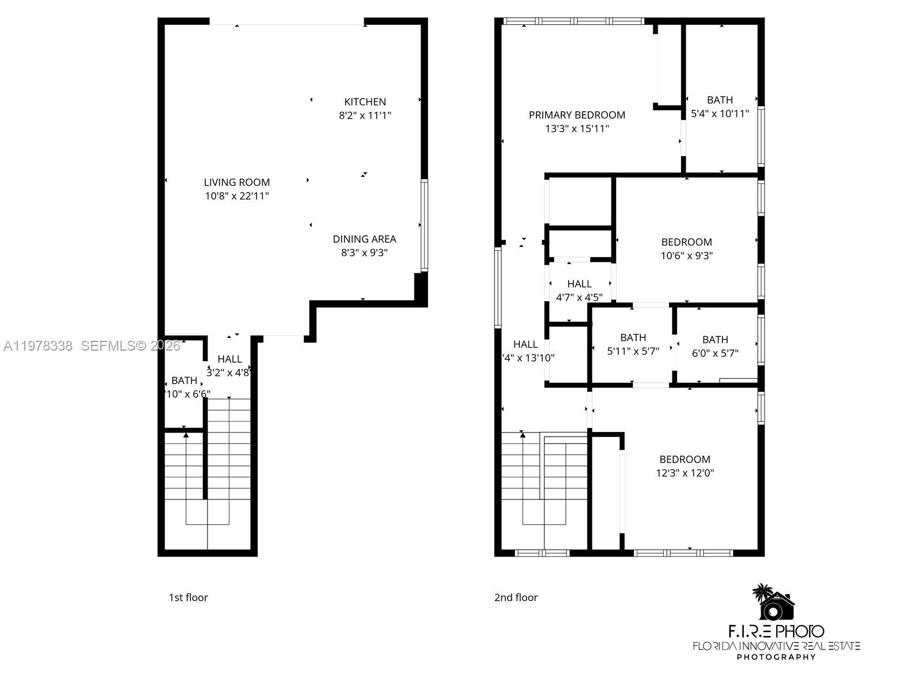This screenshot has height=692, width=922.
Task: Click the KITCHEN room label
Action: click(365, 101)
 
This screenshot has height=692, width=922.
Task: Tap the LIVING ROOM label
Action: click(237, 182)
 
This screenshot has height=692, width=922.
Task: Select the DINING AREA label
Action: click(364, 239)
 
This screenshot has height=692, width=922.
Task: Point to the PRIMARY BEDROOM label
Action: click(577, 115)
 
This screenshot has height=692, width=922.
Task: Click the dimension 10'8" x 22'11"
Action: click(237, 196)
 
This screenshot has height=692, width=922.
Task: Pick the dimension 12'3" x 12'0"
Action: click(685, 473)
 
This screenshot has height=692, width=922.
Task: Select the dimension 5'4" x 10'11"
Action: click(720, 114)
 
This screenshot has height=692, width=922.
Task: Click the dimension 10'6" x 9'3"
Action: click(686, 255)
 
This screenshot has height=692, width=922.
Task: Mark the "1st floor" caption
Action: click(188, 597)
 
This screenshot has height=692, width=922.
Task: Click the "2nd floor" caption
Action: click(516, 597)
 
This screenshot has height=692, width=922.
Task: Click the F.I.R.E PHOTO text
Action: click(776, 631)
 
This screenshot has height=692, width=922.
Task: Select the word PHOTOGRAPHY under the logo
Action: click(776, 657)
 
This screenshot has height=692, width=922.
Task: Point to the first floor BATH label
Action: click(184, 381)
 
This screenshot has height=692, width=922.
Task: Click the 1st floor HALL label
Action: click(229, 359)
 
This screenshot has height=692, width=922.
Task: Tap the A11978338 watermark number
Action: click(38, 346)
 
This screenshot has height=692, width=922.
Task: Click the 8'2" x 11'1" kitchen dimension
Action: click(365, 115)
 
